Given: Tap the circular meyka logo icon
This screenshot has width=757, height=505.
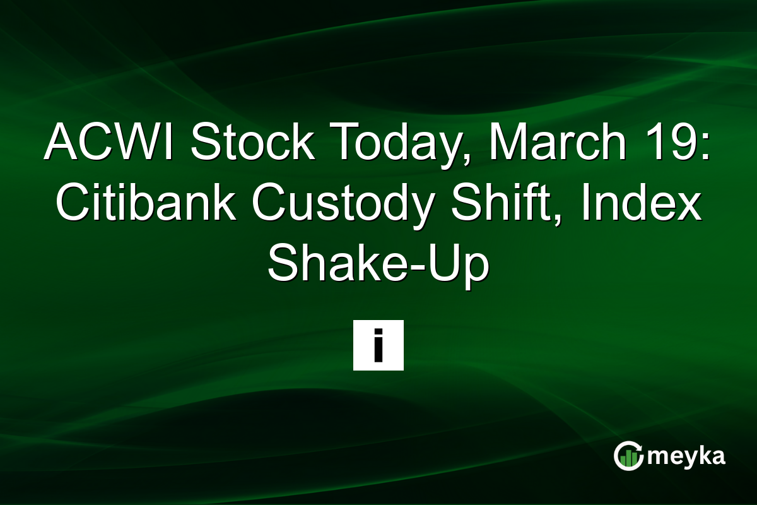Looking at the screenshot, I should [628, 456].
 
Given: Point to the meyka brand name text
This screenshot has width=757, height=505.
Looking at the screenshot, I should [686, 456].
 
